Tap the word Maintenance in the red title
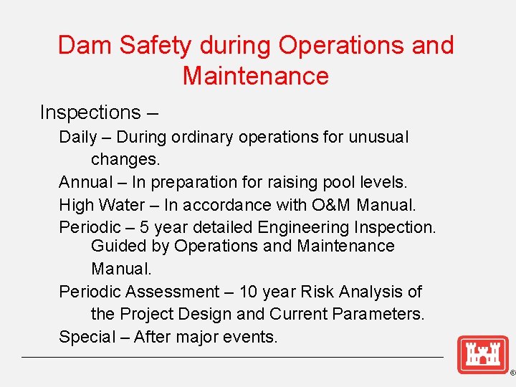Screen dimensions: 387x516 (x=256, y=75)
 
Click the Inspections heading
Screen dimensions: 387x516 (x=90, y=113)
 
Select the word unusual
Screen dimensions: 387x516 (x=378, y=137)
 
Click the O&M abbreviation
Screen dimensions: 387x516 (x=331, y=205)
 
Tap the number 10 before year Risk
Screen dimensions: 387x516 (x=249, y=292)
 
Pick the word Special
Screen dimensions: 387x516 (x=87, y=337)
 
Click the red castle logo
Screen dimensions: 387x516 (x=482, y=354)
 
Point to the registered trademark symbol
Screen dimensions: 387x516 (x=512, y=374)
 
